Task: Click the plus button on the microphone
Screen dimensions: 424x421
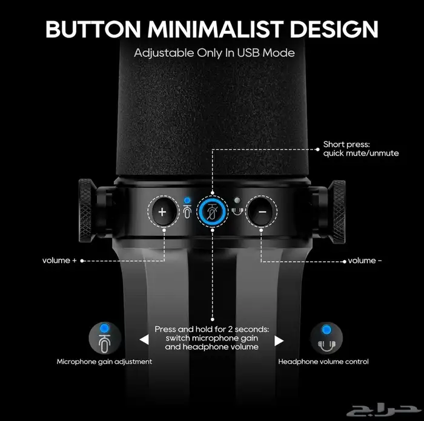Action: pos(162,212)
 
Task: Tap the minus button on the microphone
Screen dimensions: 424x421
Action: pos(262,212)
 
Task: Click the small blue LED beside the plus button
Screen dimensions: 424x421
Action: pos(187,200)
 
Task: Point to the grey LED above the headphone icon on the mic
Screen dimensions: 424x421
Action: pos(237,200)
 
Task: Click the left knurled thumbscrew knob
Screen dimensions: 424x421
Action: pos(86,210)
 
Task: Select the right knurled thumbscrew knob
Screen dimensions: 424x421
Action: pos(337,212)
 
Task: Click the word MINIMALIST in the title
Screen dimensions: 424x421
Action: pos(215,29)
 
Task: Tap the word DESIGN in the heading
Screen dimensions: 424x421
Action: pos(334,29)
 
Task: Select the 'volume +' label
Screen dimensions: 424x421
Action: pos(59,261)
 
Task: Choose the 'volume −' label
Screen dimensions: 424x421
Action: pos(365,261)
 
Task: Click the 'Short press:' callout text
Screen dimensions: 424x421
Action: pos(346,144)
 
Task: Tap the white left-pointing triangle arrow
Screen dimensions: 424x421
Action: pos(144,340)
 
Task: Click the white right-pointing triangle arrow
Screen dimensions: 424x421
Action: pos(279,341)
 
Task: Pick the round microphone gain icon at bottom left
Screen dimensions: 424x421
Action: pos(105,338)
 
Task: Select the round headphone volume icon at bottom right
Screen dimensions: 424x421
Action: pos(326,338)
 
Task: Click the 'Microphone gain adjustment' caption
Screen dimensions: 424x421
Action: pos(104,362)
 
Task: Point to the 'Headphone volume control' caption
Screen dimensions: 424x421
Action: pos(323,362)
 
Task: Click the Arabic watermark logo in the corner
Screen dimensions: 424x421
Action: pos(383,410)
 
